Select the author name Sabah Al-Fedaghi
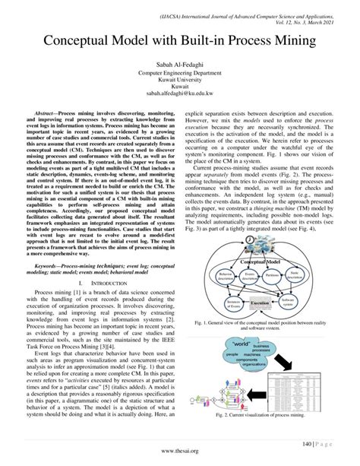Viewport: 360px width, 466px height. tap(180, 66)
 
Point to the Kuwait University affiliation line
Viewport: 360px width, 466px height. tap(180, 81)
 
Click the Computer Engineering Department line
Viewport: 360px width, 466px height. tap(180, 74)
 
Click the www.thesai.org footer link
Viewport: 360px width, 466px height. tap(180, 450)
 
